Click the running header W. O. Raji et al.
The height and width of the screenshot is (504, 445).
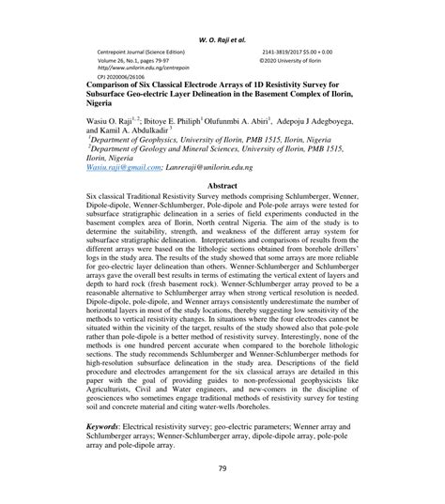tap(222, 15)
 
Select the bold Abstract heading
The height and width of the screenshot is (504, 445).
tap(222, 186)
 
